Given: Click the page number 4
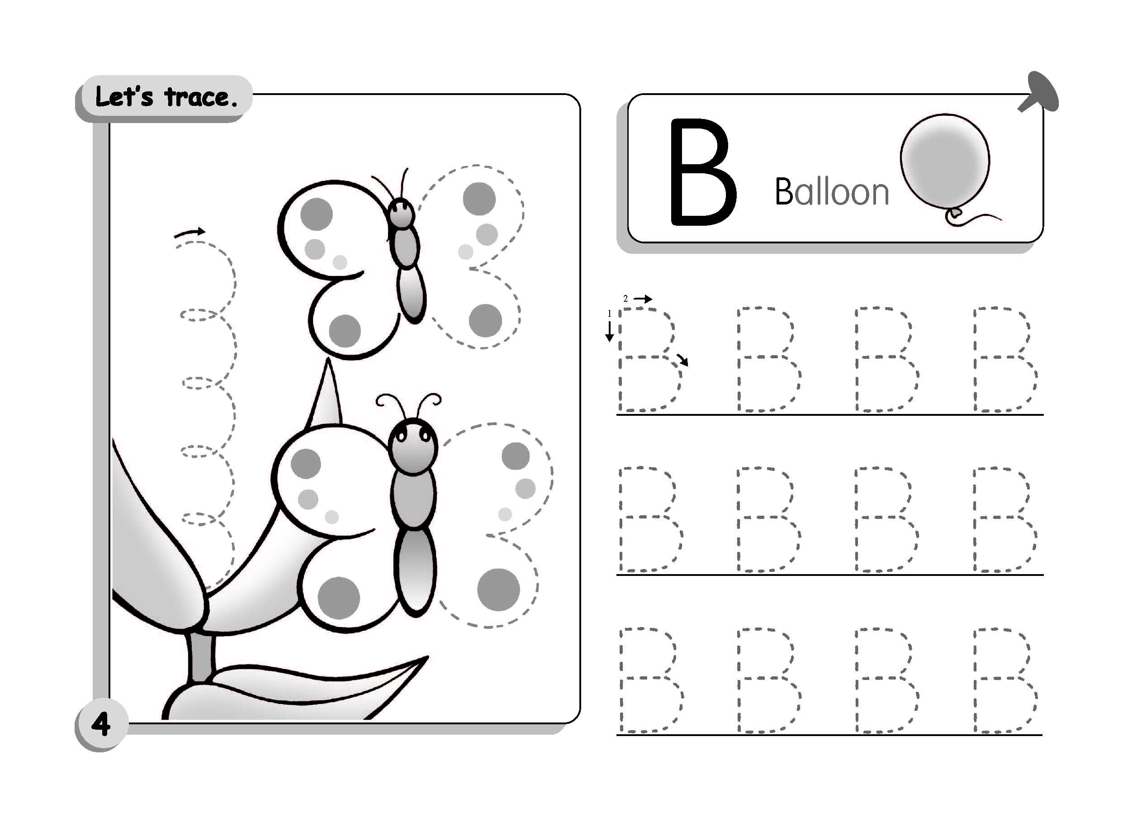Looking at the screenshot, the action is tap(101, 724).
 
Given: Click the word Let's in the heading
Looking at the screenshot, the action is tap(124, 96).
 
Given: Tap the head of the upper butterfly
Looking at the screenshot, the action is tap(402, 212).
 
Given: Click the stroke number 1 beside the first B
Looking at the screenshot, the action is tap(610, 314).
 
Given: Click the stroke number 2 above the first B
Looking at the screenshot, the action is tap(625, 299).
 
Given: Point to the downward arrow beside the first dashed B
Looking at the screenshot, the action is tap(610, 331).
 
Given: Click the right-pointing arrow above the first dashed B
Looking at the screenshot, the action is tap(643, 299).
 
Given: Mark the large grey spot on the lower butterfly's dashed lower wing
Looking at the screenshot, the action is tap(498, 590).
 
